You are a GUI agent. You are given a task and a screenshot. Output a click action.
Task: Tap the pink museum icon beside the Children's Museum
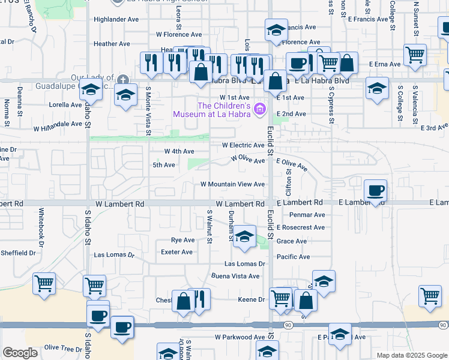(259, 109)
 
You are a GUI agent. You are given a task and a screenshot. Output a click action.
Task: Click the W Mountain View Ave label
(232, 184)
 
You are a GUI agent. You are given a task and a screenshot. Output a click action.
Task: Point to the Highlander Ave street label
(116, 19)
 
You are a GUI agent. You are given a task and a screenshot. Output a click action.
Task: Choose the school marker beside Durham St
(244, 237)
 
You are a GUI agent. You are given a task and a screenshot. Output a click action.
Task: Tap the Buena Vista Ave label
(235, 276)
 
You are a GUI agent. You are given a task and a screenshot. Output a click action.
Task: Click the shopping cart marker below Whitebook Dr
(44, 283)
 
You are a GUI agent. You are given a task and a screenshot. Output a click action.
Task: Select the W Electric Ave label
(243, 145)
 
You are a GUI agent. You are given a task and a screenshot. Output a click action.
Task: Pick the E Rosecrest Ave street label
(300, 227)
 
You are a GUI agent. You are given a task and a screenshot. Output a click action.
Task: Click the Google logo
(20, 353)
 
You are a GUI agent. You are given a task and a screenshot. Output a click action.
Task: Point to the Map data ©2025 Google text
(411, 355)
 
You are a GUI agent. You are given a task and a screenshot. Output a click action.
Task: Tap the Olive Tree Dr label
(63, 349)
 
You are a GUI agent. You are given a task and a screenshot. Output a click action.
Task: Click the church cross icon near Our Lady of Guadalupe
(122, 79)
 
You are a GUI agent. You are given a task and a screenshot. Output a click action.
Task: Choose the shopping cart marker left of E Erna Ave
(415, 55)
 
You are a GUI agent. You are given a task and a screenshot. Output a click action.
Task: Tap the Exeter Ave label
(178, 252)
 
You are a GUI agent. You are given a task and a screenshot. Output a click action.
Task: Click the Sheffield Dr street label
(18, 253)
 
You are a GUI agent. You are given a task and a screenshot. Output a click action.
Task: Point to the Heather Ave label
(112, 44)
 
